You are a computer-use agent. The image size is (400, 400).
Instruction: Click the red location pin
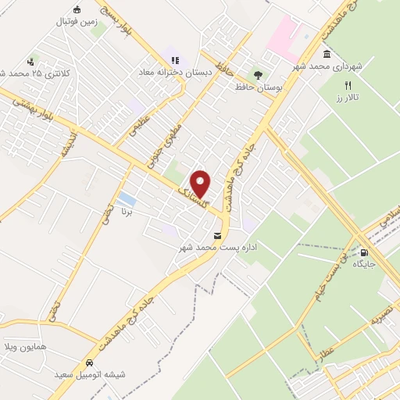[x=201, y=184]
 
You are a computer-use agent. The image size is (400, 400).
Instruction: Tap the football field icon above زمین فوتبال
[x=77, y=9]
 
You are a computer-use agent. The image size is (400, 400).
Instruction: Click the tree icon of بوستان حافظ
[x=257, y=74]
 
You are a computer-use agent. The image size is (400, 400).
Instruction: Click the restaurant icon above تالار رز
[x=349, y=85]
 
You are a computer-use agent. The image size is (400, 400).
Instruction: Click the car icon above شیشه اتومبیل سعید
[x=90, y=363]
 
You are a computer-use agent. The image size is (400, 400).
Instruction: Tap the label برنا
[x=127, y=212]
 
